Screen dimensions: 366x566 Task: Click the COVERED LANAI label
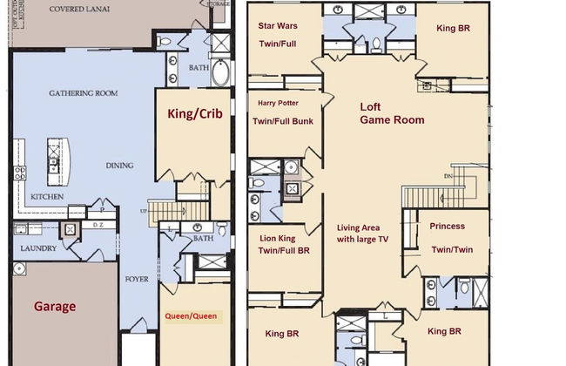[79, 10]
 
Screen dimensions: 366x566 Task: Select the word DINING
[118, 165]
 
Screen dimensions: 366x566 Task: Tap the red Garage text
[55, 306]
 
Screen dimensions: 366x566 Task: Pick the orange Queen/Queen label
[192, 315]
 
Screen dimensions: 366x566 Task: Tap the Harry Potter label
[278, 102]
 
